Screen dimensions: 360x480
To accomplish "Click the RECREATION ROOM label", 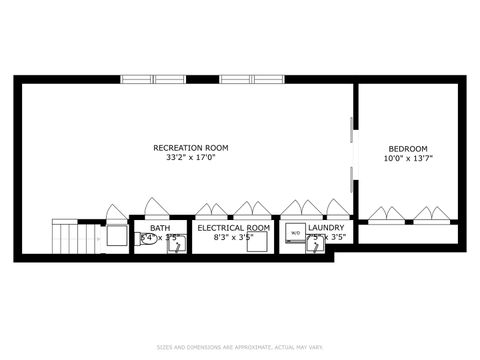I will pyautogui.click(x=190, y=148).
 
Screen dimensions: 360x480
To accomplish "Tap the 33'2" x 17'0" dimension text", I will pyautogui.click(x=190, y=158).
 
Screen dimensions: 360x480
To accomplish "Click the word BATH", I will pyautogui.click(x=160, y=229).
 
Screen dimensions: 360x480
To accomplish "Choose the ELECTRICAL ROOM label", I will pyautogui.click(x=233, y=229).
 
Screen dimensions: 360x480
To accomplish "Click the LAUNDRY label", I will pyautogui.click(x=326, y=229).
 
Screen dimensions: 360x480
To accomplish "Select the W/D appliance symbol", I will pyautogui.click(x=295, y=233).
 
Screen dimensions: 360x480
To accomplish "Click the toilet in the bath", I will pyautogui.click(x=147, y=240).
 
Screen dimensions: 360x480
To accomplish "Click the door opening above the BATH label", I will pyautogui.click(x=156, y=208).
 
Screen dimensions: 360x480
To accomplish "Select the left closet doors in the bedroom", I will pyautogui.click(x=386, y=214).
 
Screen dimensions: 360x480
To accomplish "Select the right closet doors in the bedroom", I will pyautogui.click(x=431, y=214).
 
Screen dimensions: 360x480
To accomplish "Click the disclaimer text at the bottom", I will pyautogui.click(x=240, y=347).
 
